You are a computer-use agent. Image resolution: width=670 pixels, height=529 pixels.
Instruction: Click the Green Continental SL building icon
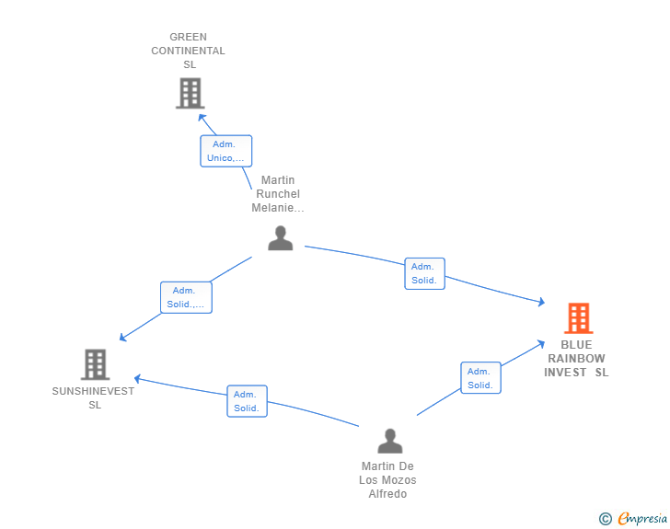(x=189, y=93)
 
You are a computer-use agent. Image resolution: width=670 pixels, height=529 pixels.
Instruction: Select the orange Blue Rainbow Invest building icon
(x=578, y=318)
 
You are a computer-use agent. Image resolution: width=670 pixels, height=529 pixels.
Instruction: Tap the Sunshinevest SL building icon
(x=95, y=364)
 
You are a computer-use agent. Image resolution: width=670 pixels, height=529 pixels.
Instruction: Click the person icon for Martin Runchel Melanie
(x=280, y=237)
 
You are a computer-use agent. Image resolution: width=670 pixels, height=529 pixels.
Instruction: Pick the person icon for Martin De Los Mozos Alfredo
(x=389, y=441)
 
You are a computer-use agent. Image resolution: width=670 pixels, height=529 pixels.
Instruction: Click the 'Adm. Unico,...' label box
(x=225, y=151)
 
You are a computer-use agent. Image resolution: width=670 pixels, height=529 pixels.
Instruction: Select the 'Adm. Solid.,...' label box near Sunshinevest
(x=186, y=297)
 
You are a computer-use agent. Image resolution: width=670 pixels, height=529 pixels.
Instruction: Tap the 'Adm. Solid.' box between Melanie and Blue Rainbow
(x=424, y=273)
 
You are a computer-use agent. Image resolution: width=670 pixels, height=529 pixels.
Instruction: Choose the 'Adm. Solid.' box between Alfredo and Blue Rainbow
(x=480, y=378)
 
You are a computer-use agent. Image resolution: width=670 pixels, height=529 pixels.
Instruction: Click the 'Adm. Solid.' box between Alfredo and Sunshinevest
(x=247, y=401)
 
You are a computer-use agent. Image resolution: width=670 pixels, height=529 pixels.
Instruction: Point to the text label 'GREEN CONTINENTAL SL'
(x=189, y=52)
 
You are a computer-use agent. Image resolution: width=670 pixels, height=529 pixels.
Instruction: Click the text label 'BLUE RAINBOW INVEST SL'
(x=577, y=359)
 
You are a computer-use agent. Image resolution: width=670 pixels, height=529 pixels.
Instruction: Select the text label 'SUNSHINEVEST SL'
(x=94, y=397)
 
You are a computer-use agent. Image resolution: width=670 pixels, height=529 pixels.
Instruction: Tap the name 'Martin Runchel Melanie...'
(x=278, y=194)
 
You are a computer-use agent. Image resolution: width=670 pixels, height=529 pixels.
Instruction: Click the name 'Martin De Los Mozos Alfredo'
(x=387, y=480)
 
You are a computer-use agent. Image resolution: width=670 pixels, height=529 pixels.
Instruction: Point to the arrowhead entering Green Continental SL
(x=202, y=117)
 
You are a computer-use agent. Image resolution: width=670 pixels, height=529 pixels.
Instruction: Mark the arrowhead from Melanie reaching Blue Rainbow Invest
(x=543, y=302)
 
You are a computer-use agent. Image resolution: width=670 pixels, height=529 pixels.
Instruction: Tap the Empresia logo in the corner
(x=642, y=519)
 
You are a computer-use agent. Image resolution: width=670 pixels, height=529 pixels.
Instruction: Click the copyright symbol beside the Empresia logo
(x=606, y=519)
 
